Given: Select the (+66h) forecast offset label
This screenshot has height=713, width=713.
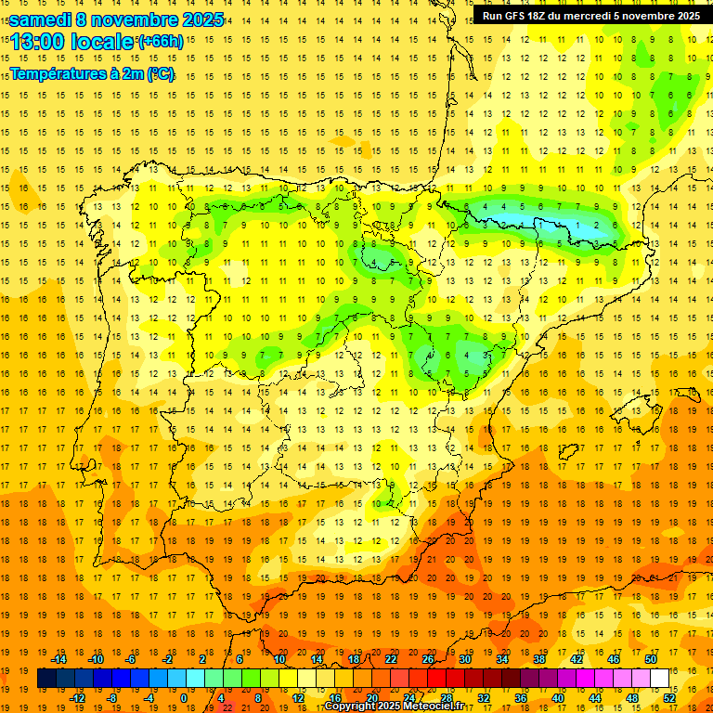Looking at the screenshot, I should (161, 41).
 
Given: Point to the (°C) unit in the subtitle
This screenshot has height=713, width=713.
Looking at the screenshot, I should (160, 73).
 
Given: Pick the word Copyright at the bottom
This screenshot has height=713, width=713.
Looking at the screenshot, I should (349, 707).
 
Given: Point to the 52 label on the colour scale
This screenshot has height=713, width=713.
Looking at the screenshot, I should (669, 698).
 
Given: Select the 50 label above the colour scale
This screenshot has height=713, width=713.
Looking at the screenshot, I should (651, 659).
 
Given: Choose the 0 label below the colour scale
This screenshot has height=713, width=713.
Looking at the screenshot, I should (184, 698).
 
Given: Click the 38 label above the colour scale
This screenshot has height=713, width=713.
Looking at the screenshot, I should (539, 659).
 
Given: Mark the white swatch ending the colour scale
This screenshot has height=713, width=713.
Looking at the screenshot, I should (659, 679).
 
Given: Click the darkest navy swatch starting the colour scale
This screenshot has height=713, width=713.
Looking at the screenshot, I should (46, 679).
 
